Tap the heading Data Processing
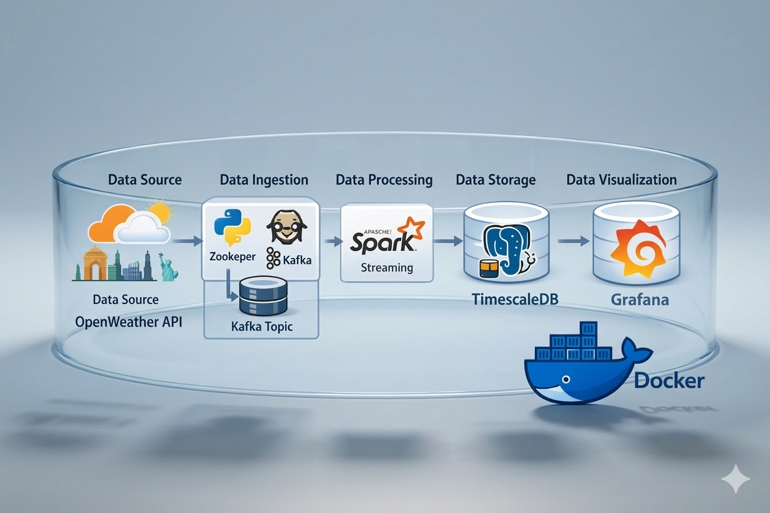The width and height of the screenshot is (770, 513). point(384,180)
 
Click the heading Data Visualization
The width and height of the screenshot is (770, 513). point(621,180)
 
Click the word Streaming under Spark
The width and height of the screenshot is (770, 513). point(387,267)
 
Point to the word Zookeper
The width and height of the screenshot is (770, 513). point(232,257)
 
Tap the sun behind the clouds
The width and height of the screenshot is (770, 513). point(160,212)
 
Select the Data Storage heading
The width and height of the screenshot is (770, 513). point(495,180)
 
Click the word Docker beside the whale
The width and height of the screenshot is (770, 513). point(669,381)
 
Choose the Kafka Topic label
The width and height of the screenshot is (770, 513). point(262,326)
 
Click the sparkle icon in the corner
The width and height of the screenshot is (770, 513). point(736,479)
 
